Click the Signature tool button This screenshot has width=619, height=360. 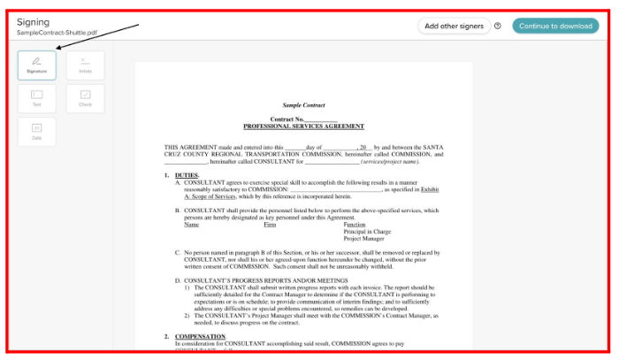tap(36, 65)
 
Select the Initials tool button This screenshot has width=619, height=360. tap(85, 65)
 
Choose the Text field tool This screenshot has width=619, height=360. tap(36, 97)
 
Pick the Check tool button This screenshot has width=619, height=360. tap(85, 97)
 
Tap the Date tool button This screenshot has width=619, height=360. tap(36, 131)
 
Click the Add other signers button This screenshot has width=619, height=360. tap(454, 26)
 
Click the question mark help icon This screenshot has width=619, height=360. tap(498, 26)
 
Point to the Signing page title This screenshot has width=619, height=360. tap(33, 21)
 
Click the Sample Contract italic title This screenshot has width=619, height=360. tap(303, 104)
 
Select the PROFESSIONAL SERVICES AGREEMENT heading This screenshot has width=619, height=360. tap(303, 126)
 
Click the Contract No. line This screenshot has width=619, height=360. tap(303, 119)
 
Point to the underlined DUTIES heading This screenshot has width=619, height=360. tap(187, 175)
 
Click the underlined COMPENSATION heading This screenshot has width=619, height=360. tap(200, 336)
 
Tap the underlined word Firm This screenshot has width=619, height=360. tap(270, 225)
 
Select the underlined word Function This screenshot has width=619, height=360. tap(355, 225)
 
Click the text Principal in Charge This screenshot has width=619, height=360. tap(368, 232)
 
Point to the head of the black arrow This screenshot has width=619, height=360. tap(57, 49)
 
